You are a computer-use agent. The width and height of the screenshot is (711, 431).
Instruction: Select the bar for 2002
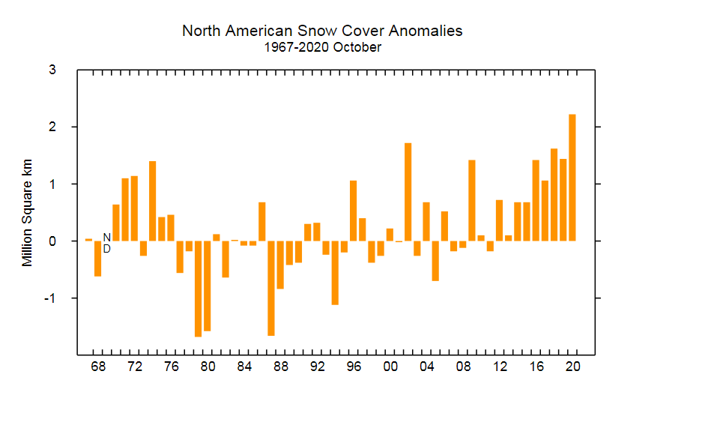408,192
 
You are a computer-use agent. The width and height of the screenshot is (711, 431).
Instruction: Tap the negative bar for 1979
198,289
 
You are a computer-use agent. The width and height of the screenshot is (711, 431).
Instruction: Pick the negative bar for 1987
271,288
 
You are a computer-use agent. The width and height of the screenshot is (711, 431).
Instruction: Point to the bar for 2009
472,200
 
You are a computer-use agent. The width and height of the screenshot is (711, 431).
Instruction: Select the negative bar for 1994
335,273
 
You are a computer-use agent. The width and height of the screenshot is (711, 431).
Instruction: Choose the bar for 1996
353,211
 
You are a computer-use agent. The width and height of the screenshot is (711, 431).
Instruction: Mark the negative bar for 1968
97,259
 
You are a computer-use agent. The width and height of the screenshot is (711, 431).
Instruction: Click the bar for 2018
554,195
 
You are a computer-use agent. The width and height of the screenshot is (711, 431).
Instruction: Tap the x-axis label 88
280,367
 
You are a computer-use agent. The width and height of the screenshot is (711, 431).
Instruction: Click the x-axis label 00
390,367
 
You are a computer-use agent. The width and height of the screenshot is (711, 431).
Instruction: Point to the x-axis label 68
97,367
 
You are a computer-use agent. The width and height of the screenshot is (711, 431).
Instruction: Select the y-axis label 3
52,70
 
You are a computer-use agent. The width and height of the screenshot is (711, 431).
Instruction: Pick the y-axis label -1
50,298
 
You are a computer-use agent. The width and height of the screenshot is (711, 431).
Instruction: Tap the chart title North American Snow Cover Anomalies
322,31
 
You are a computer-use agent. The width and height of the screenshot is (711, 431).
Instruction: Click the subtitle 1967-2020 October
322,47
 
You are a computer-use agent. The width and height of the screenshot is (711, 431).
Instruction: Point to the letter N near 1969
106,237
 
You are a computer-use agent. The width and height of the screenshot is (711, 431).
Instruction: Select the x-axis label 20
572,367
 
